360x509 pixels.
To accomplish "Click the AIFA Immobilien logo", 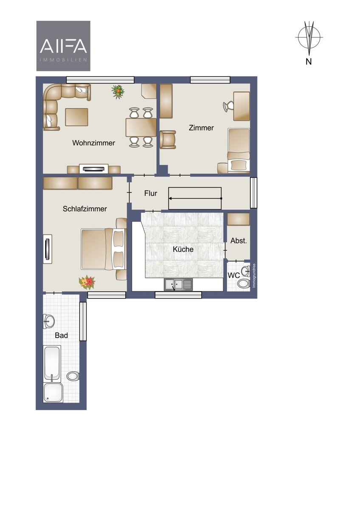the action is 63,46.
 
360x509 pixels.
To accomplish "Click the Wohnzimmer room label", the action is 93,143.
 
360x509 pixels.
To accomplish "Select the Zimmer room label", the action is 201,128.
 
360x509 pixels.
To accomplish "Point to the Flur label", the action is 151,193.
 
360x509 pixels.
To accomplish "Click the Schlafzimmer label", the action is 85,209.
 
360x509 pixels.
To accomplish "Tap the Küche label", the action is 183,249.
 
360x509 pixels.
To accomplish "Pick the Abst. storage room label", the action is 239,241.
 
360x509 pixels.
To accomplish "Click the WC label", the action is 234,275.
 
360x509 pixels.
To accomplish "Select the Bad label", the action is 62,336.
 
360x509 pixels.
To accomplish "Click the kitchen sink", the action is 178,285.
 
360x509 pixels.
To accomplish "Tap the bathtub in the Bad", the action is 52,363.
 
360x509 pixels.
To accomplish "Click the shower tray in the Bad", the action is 53,392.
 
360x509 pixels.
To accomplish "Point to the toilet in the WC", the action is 244,283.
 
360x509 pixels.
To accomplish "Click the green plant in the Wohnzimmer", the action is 118,92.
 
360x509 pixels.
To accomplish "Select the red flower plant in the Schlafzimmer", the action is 87,282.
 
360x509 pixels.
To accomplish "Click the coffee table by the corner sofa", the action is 76,117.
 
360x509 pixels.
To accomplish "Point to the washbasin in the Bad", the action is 49,321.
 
